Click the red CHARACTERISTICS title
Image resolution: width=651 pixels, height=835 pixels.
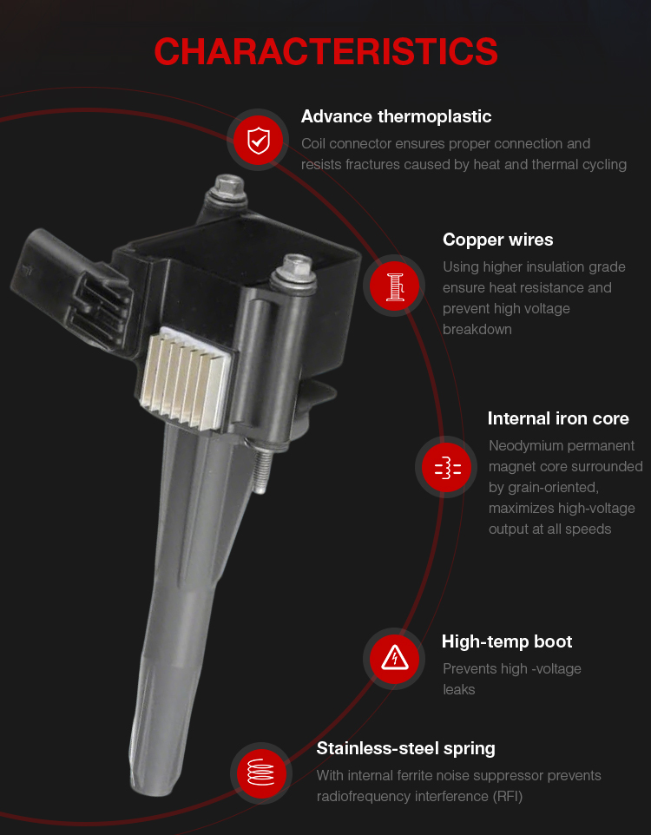325,52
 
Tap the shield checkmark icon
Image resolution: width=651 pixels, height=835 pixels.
259,140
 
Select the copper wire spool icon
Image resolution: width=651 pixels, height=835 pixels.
394,286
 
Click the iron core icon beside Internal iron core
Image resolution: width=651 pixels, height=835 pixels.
446,467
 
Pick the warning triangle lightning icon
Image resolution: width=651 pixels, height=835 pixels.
394,659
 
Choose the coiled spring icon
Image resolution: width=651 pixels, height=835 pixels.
260,773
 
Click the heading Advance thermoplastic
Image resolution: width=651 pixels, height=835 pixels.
396,116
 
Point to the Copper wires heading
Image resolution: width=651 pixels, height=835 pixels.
497,240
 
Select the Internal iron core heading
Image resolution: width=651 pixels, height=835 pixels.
558,418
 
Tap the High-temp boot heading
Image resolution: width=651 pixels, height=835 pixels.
507,641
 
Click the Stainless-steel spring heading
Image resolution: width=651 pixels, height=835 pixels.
405,748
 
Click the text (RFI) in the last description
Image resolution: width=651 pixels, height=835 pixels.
508,796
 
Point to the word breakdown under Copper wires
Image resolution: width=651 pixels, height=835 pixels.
477,330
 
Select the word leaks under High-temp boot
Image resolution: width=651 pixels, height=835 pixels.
458,690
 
